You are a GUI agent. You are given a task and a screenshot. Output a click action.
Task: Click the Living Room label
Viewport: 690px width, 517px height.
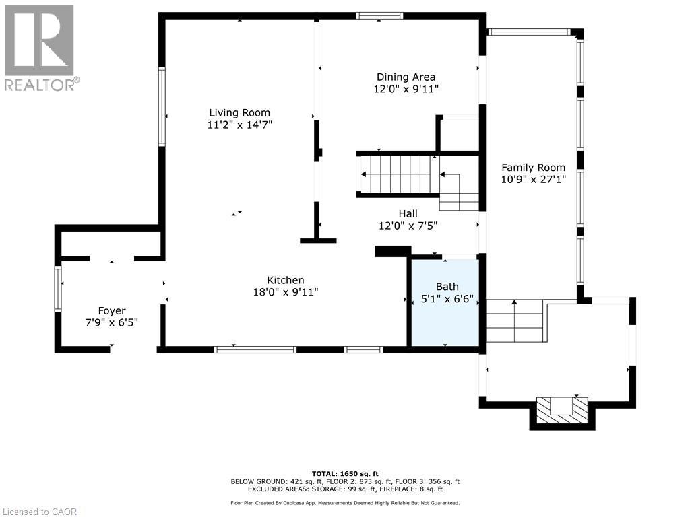[x=239, y=113]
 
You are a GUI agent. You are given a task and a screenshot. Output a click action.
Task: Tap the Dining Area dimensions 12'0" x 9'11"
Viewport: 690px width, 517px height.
[x=406, y=89]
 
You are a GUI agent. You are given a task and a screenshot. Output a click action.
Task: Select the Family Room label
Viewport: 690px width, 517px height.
[x=532, y=168]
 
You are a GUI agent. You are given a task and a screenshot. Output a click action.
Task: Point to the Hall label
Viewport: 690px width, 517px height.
[x=408, y=214]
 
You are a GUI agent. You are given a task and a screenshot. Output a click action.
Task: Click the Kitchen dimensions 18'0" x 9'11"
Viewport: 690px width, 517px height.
[x=285, y=292]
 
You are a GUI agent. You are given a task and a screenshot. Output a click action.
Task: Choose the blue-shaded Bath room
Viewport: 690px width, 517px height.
[x=445, y=302]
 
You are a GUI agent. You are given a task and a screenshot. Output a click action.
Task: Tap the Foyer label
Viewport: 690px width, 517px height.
[x=112, y=311]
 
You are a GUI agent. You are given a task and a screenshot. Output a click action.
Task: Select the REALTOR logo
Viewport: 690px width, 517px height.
[x=40, y=48]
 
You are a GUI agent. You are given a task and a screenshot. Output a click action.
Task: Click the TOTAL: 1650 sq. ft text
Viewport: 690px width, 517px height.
[x=345, y=473]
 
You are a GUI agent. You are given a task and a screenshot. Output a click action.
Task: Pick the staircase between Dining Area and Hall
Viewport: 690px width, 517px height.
[x=398, y=174]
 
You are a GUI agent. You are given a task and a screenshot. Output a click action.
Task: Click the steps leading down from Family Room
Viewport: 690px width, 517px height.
[x=514, y=322]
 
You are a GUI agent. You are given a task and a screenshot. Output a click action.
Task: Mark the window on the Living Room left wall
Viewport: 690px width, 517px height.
[x=162, y=106]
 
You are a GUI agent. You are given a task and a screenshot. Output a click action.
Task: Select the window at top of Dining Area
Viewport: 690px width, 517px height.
[x=379, y=15]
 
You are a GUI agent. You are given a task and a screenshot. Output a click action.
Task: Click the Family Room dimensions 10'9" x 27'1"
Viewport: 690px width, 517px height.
[x=532, y=180]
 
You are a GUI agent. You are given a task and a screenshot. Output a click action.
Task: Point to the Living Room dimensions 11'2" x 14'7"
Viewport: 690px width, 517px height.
[x=239, y=125]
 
